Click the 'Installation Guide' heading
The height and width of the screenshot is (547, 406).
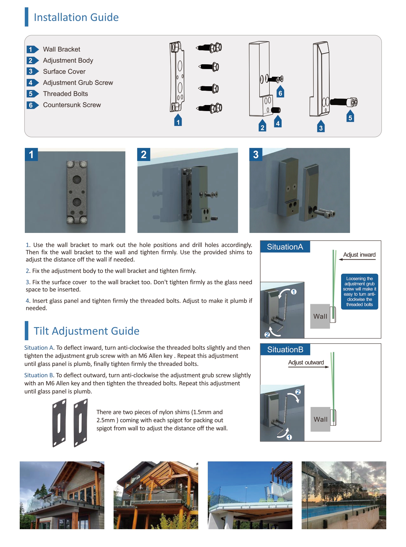click(76, 17)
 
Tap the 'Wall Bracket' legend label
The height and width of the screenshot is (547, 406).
click(61, 49)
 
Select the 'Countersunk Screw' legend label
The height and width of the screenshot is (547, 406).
click(72, 105)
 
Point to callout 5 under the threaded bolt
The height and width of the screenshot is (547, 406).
click(350, 117)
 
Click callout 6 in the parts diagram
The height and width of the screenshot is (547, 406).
click(280, 93)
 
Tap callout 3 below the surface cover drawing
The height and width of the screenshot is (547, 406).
click(321, 127)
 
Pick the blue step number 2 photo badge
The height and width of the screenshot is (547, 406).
click(143, 154)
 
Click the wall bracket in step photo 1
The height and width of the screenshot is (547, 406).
click(77, 192)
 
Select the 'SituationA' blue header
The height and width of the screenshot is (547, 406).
click(285, 247)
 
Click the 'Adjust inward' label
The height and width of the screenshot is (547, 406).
click(359, 255)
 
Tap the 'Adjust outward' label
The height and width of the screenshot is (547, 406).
click(306, 362)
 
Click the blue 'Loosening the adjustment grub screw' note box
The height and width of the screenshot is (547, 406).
click(360, 291)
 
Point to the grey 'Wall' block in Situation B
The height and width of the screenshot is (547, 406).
click(320, 419)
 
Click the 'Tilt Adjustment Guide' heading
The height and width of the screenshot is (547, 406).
click(87, 331)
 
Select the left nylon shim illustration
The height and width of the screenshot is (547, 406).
click(59, 423)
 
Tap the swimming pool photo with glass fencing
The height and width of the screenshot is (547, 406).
click(344, 495)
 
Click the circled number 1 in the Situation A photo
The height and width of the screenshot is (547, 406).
click(294, 292)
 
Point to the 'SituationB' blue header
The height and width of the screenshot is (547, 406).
click(285, 350)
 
